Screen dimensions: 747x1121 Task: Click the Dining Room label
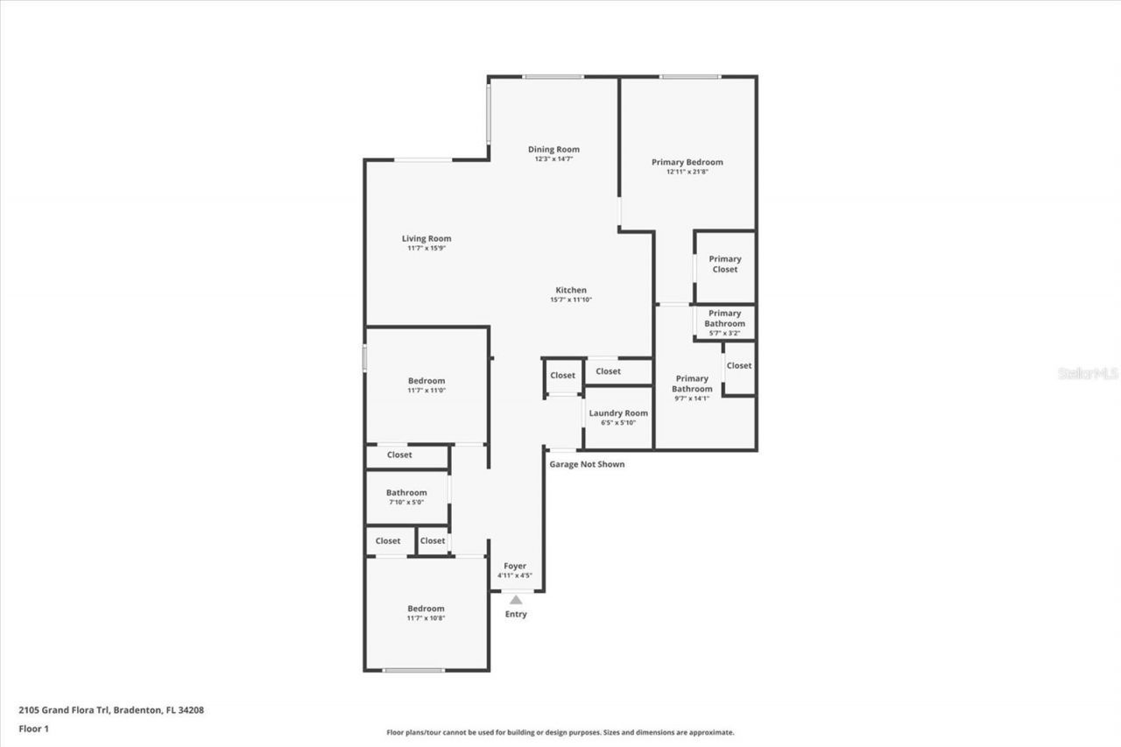click(553, 150)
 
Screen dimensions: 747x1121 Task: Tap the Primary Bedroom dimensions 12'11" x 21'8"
click(687, 173)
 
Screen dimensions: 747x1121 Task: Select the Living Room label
click(427, 239)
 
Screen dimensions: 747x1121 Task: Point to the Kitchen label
click(571, 291)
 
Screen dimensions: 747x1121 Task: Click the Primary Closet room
click(724, 264)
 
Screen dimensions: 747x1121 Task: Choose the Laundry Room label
click(618, 413)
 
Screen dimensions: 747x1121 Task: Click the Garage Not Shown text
click(587, 464)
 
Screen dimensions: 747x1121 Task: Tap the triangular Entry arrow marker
click(516, 600)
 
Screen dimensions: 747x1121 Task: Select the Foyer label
click(515, 567)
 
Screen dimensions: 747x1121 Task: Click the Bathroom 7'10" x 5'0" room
click(406, 497)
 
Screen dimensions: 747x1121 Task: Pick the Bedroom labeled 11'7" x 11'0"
click(427, 385)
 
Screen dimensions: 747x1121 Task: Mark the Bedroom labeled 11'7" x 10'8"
click(427, 613)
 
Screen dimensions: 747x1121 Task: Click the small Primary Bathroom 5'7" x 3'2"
click(724, 322)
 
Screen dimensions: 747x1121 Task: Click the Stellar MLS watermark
click(1088, 373)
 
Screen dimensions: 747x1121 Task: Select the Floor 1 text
click(33, 729)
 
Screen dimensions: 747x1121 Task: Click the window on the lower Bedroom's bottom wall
click(413, 671)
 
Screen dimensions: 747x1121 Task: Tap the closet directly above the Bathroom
click(399, 455)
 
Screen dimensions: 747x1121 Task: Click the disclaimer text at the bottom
click(560, 732)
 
